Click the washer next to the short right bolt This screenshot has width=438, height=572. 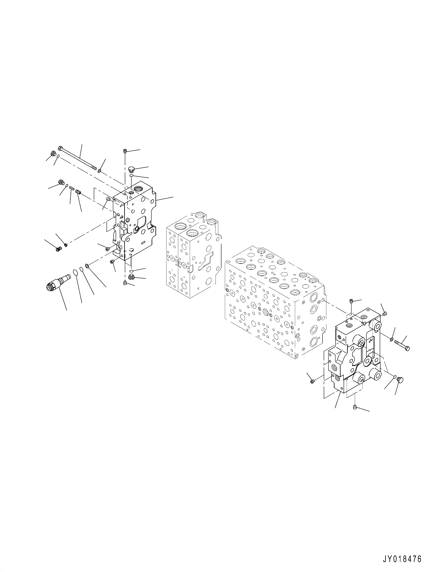(392, 339)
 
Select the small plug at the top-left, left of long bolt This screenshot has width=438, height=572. (53, 154)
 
